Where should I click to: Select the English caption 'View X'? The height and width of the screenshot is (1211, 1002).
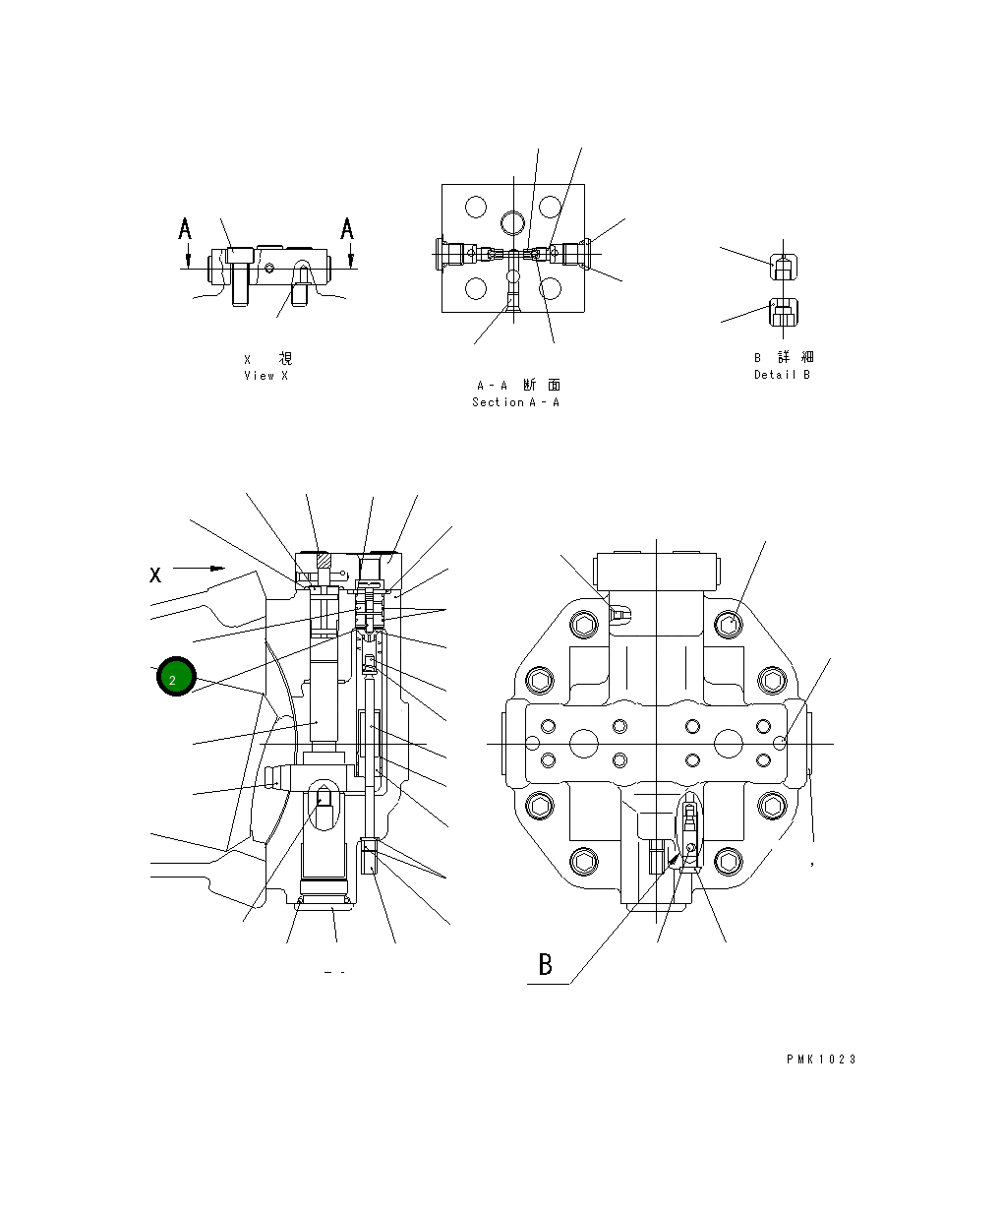click(266, 376)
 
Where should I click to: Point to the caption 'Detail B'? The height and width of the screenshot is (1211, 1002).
click(782, 375)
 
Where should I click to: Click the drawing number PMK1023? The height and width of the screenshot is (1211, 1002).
click(821, 1060)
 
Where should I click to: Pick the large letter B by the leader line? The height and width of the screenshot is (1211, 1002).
click(546, 965)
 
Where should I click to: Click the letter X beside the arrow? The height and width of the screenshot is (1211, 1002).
click(155, 575)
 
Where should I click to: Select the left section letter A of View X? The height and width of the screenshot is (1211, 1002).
click(185, 229)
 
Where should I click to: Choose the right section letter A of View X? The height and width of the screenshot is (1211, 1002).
click(347, 229)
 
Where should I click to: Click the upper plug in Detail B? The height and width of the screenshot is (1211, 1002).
click(782, 267)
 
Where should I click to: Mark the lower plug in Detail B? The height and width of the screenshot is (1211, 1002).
click(782, 314)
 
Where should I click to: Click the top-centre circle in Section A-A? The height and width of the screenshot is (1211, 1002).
click(512, 221)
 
